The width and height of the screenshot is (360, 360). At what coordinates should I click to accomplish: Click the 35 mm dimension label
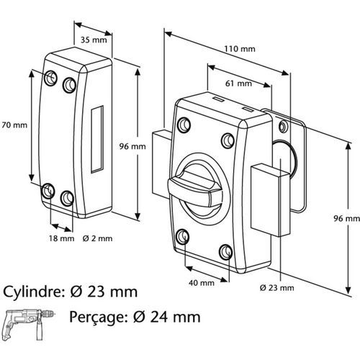94,40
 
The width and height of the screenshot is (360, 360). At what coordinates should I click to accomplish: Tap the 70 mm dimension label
14,125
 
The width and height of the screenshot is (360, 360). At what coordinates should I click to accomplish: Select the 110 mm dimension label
240,49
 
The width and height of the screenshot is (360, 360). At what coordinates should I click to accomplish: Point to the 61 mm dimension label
238,84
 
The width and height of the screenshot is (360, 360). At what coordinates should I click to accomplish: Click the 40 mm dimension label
202,283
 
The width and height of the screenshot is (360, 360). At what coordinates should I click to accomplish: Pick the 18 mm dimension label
62,238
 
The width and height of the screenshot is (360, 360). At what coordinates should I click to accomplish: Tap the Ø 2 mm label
97,238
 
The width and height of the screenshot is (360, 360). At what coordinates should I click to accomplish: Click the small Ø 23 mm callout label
276,288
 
